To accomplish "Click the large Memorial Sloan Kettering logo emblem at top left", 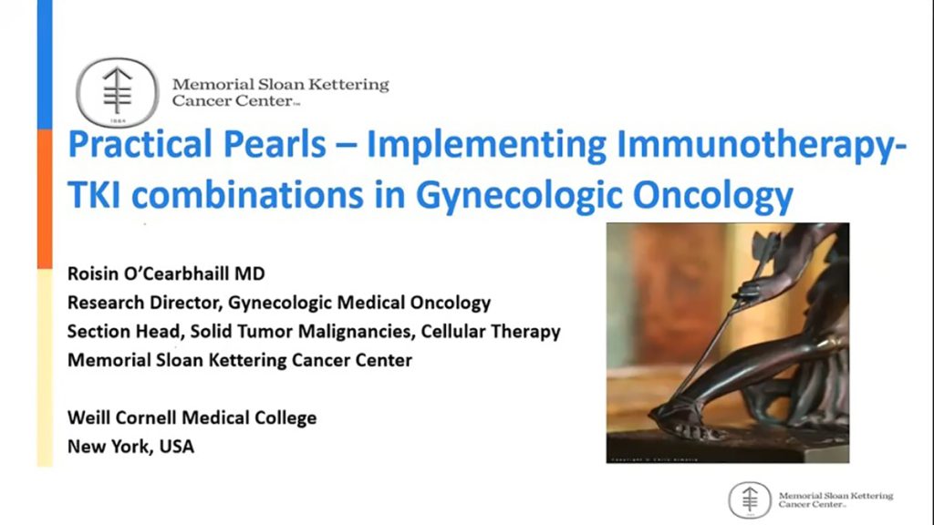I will pyautogui.click(x=116, y=92).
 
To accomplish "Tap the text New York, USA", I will pyautogui.click(x=130, y=447).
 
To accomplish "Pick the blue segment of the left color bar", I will pyautogui.click(x=44, y=64).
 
